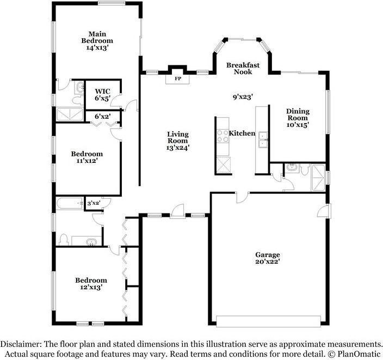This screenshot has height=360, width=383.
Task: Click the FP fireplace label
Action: coord(178,79)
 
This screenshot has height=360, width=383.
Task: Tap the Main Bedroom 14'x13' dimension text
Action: coord(97,48)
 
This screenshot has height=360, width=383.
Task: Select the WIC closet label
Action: coord(103,91)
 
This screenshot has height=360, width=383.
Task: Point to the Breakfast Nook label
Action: coord(243,69)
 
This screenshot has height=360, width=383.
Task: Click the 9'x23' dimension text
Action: coord(243,97)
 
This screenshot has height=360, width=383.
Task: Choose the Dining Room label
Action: coord(298,115)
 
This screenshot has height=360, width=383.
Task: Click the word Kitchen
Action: coord(242,133)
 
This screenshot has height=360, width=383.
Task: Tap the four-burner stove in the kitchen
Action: coord(223,136)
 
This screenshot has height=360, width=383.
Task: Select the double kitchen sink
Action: coord(263,139)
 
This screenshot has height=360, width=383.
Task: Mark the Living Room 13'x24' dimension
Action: coord(178,148)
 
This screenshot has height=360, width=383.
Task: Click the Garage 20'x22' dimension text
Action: coord(268,261)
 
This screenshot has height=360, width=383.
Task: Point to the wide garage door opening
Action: coord(268,321)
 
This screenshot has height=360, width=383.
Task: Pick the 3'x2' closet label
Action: coord(94,203)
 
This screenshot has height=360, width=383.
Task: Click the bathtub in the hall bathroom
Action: coord(70,203)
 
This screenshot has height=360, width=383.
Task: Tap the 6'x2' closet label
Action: coord(103,117)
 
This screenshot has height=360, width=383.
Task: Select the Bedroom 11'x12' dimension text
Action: coord(87,161)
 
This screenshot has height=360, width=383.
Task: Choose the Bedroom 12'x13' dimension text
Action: coord(91,287)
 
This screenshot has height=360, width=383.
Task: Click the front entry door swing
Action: coord(177,210)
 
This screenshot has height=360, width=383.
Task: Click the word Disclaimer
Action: coord(21,344)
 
